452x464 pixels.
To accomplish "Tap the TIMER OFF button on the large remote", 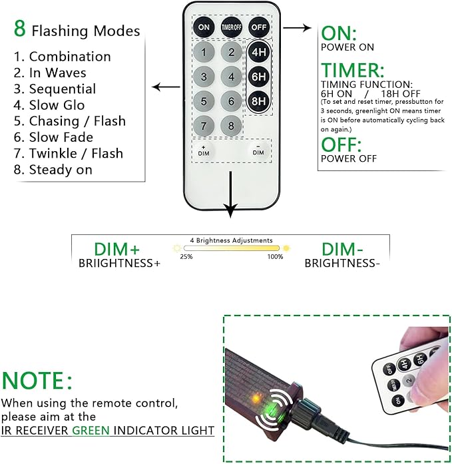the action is click(x=231, y=27).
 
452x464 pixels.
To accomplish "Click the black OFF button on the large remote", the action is click(x=258, y=27).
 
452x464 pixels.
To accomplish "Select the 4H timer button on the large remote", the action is click(x=258, y=52).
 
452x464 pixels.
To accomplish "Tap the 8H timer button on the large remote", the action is click(x=258, y=101).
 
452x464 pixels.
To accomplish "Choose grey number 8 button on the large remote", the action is click(x=231, y=126).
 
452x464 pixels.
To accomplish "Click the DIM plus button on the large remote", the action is click(x=204, y=151).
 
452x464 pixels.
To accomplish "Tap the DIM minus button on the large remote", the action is click(x=258, y=150).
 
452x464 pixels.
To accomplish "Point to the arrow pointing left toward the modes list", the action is click(x=166, y=87).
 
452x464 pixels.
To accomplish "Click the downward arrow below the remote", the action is click(x=230, y=194).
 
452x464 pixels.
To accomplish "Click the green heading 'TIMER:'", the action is click(x=353, y=71).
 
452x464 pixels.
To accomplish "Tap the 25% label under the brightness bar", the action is click(x=186, y=256).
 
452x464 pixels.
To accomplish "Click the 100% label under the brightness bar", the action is click(x=275, y=256).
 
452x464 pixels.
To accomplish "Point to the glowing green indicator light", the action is click(x=270, y=409).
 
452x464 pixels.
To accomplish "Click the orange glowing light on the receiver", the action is click(x=255, y=398).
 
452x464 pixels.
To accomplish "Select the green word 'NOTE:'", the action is click(x=37, y=380).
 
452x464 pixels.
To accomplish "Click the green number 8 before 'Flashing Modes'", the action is click(x=20, y=29).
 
